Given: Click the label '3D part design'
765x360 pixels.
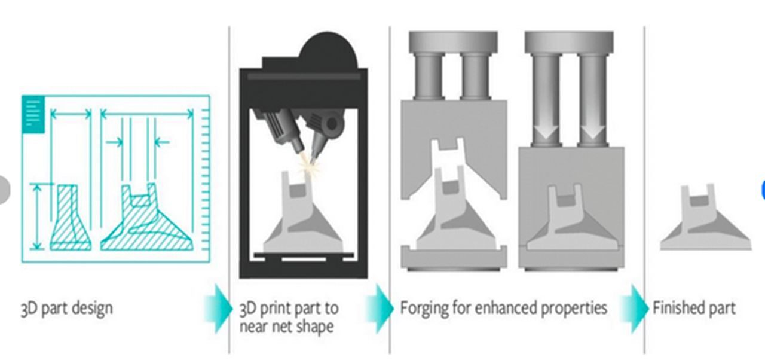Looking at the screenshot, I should coord(66,309).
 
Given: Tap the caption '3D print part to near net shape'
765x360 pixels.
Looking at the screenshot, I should coord(289,318).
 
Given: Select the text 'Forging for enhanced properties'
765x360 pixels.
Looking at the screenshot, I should coord(503,309).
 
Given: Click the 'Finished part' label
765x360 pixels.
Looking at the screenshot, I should coord(694,309).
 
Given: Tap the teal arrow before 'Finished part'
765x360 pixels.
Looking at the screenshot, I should coord(635,308).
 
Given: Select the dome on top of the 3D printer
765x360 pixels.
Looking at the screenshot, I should coord(328,51).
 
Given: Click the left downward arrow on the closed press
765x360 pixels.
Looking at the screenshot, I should coord(546,129).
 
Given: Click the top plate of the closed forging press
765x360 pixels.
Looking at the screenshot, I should coord(569,42).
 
